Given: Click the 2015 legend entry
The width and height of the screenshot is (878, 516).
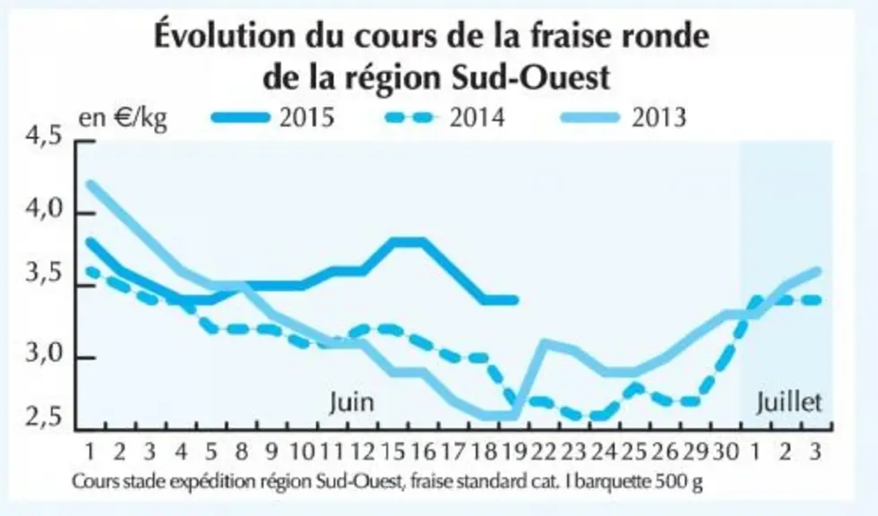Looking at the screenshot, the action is coord(272,117).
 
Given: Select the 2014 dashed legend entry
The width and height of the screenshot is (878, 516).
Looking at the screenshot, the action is coord(446,117).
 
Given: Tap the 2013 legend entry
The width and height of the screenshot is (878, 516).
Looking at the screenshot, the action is coord(624,117).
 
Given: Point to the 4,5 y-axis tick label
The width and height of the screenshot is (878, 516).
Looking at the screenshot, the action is coord(44,137).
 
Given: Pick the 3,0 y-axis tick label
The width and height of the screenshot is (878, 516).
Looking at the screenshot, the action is coord(44,354).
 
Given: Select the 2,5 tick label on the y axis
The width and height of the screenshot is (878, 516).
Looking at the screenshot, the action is coord(44,417).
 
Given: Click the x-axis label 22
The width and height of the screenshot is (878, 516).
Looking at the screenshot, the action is coord(544,451).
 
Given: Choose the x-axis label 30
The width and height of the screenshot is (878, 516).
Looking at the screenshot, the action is coord(726,451).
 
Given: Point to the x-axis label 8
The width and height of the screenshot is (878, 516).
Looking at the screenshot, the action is coord(241,451).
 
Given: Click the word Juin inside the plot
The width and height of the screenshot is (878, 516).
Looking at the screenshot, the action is coord(351,402).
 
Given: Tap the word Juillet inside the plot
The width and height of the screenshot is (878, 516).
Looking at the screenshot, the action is coord(789,402).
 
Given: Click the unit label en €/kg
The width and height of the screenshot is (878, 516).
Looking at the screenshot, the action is coord(123,118).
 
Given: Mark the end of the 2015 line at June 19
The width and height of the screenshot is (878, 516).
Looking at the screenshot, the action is coord(515,300).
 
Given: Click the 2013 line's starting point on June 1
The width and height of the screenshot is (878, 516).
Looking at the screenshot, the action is coord(90,184).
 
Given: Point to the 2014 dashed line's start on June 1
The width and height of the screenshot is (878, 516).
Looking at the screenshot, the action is coord(90,271).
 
